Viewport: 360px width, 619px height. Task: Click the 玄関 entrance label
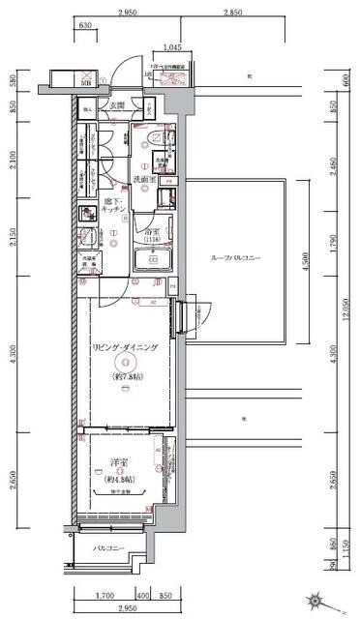[x=116, y=105]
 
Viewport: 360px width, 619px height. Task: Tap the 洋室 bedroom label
[x=116, y=464]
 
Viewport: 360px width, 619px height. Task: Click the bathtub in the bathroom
[x=152, y=259]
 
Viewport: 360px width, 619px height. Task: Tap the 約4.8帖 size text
[x=116, y=480]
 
